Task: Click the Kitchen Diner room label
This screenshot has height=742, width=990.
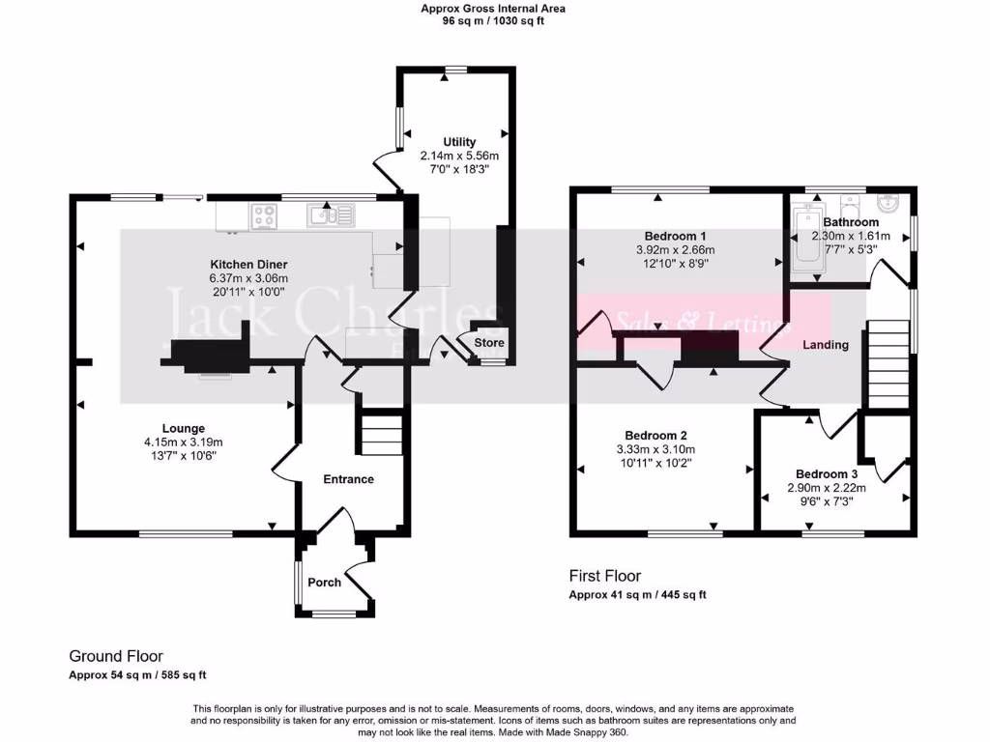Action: point(249,265)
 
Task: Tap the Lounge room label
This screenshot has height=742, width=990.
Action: point(183,428)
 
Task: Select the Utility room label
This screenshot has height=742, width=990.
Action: point(459,142)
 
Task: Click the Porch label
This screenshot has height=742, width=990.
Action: point(324,583)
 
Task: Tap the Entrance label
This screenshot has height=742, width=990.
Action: point(348,479)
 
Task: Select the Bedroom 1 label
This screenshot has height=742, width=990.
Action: point(676,237)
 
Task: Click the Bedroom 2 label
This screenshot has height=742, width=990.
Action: point(655,435)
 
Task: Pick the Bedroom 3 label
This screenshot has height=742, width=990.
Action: point(826,473)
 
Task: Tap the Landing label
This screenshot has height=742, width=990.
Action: point(827,345)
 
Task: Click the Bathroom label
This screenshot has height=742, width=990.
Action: point(851,222)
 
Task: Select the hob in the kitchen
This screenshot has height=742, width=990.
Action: point(264,216)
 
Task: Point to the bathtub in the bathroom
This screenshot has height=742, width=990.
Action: point(804,238)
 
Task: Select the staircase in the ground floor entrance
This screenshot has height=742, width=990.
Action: point(380,432)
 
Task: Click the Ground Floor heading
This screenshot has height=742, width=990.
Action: point(116,655)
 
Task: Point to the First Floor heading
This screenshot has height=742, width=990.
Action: point(604,576)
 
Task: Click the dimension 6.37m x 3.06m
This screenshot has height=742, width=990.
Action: point(249,278)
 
